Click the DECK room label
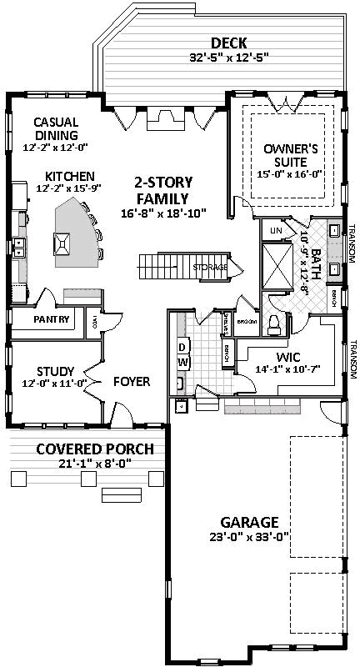(x=227, y=43)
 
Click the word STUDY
(x=56, y=371)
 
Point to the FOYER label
(x=132, y=382)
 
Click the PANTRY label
(x=51, y=319)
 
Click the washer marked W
(x=182, y=361)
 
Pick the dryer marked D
(x=182, y=345)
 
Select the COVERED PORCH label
(x=95, y=449)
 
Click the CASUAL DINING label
(x=56, y=129)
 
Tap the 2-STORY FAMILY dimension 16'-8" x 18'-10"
(x=162, y=213)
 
